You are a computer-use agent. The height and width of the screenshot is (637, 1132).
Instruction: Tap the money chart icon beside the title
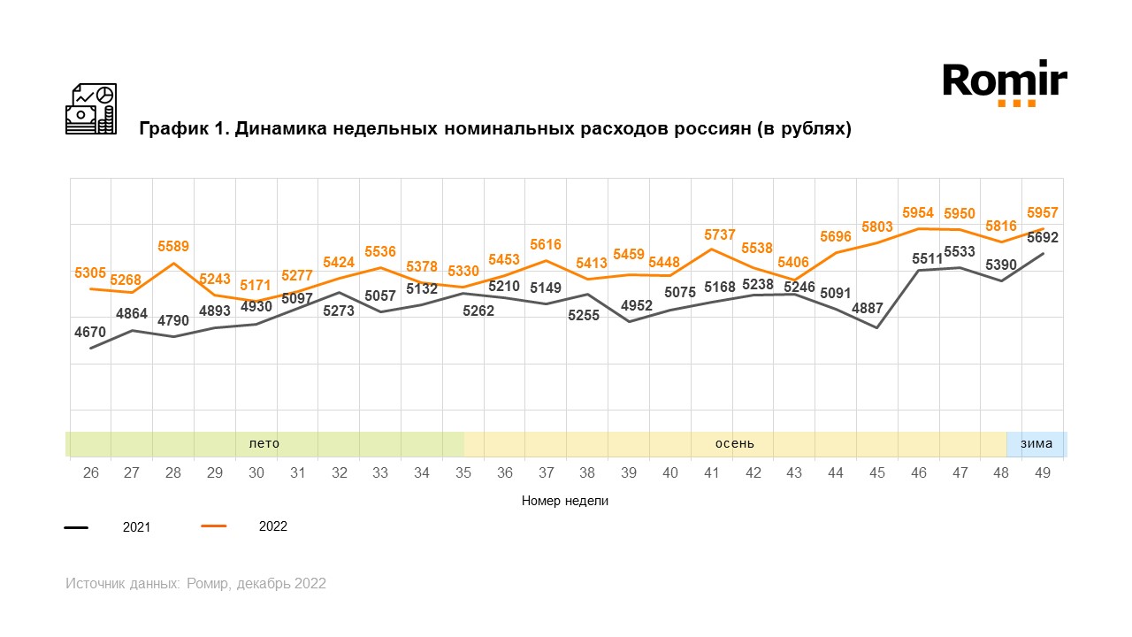click(x=91, y=109)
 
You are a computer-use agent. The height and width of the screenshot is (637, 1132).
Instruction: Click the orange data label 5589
click(x=173, y=246)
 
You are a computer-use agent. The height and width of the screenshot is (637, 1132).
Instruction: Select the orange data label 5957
click(x=1044, y=213)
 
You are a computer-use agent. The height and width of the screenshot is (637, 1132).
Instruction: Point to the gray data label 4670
click(x=90, y=332)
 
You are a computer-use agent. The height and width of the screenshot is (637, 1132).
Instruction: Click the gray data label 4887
click(x=877, y=310)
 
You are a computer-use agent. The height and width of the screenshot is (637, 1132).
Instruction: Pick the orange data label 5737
click(x=713, y=234)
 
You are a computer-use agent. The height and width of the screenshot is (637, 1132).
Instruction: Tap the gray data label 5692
click(x=1043, y=237)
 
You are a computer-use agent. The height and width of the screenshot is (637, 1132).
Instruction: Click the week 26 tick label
click(x=90, y=473)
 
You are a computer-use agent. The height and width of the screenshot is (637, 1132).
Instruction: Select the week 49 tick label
click(x=1043, y=473)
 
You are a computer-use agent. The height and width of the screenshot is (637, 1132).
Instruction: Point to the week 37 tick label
click(x=547, y=473)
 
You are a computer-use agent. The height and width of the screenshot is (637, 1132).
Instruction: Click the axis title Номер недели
click(x=565, y=501)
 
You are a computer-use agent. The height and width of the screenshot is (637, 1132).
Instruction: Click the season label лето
click(x=264, y=443)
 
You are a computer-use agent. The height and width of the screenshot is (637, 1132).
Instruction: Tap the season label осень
click(x=735, y=443)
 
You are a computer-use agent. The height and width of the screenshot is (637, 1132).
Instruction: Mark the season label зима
click(x=1036, y=443)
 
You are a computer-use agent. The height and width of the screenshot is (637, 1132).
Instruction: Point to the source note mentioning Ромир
click(x=195, y=584)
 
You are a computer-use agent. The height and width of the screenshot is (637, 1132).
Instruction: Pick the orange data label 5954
click(x=919, y=213)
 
